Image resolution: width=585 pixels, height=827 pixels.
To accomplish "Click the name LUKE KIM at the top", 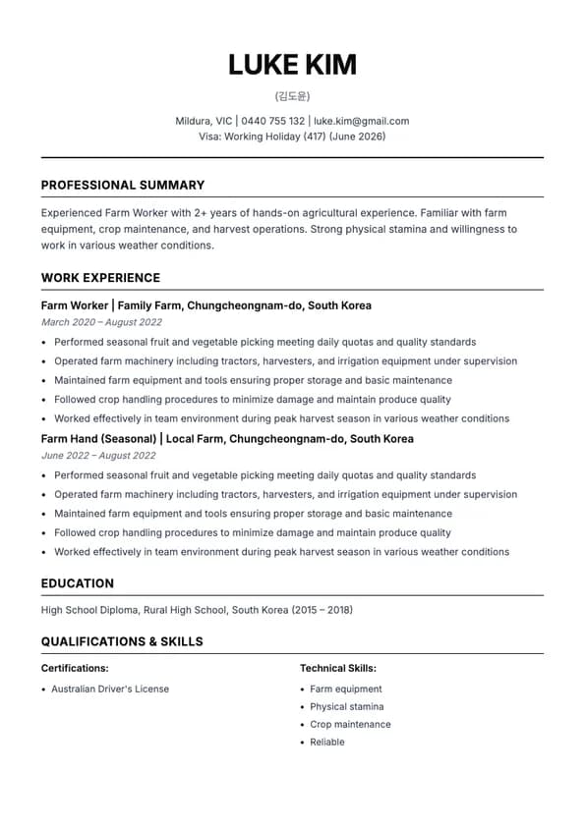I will [292, 65].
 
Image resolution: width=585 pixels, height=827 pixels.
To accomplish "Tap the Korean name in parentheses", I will [292, 96].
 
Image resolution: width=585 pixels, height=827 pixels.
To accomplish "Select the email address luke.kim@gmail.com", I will [361, 121].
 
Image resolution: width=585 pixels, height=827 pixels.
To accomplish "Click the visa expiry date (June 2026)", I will [359, 137].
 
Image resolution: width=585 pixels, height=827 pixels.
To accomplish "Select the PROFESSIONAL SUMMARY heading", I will [123, 185].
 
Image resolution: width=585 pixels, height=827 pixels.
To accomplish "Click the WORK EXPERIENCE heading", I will [100, 278].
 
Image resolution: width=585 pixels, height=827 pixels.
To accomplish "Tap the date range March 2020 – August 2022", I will [101, 322].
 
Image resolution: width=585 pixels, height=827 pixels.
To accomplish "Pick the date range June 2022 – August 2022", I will [98, 456].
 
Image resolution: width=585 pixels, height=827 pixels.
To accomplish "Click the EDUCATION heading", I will [78, 583].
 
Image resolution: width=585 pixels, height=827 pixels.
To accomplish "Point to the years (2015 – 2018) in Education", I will [322, 610].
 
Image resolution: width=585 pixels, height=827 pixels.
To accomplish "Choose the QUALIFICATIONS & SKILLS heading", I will [122, 641].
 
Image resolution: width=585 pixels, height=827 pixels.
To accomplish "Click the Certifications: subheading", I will [75, 668].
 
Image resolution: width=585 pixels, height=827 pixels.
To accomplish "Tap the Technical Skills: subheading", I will [338, 668].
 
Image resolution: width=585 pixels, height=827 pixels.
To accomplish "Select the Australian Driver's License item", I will [110, 689].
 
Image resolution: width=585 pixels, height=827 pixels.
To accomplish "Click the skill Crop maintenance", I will [350, 724].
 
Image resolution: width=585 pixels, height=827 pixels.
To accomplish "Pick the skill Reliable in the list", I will [327, 742].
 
